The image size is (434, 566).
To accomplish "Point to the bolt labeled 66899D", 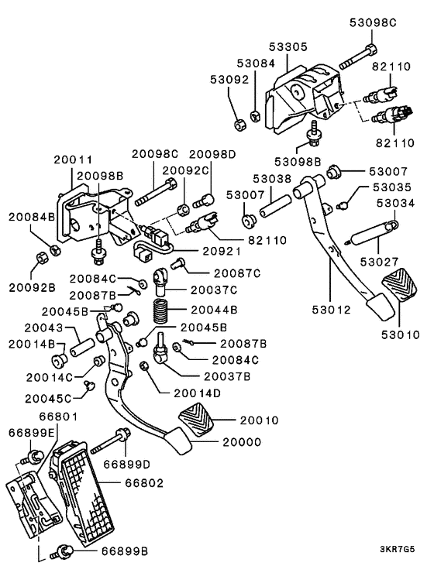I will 107,444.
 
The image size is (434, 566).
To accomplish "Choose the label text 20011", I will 73,160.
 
